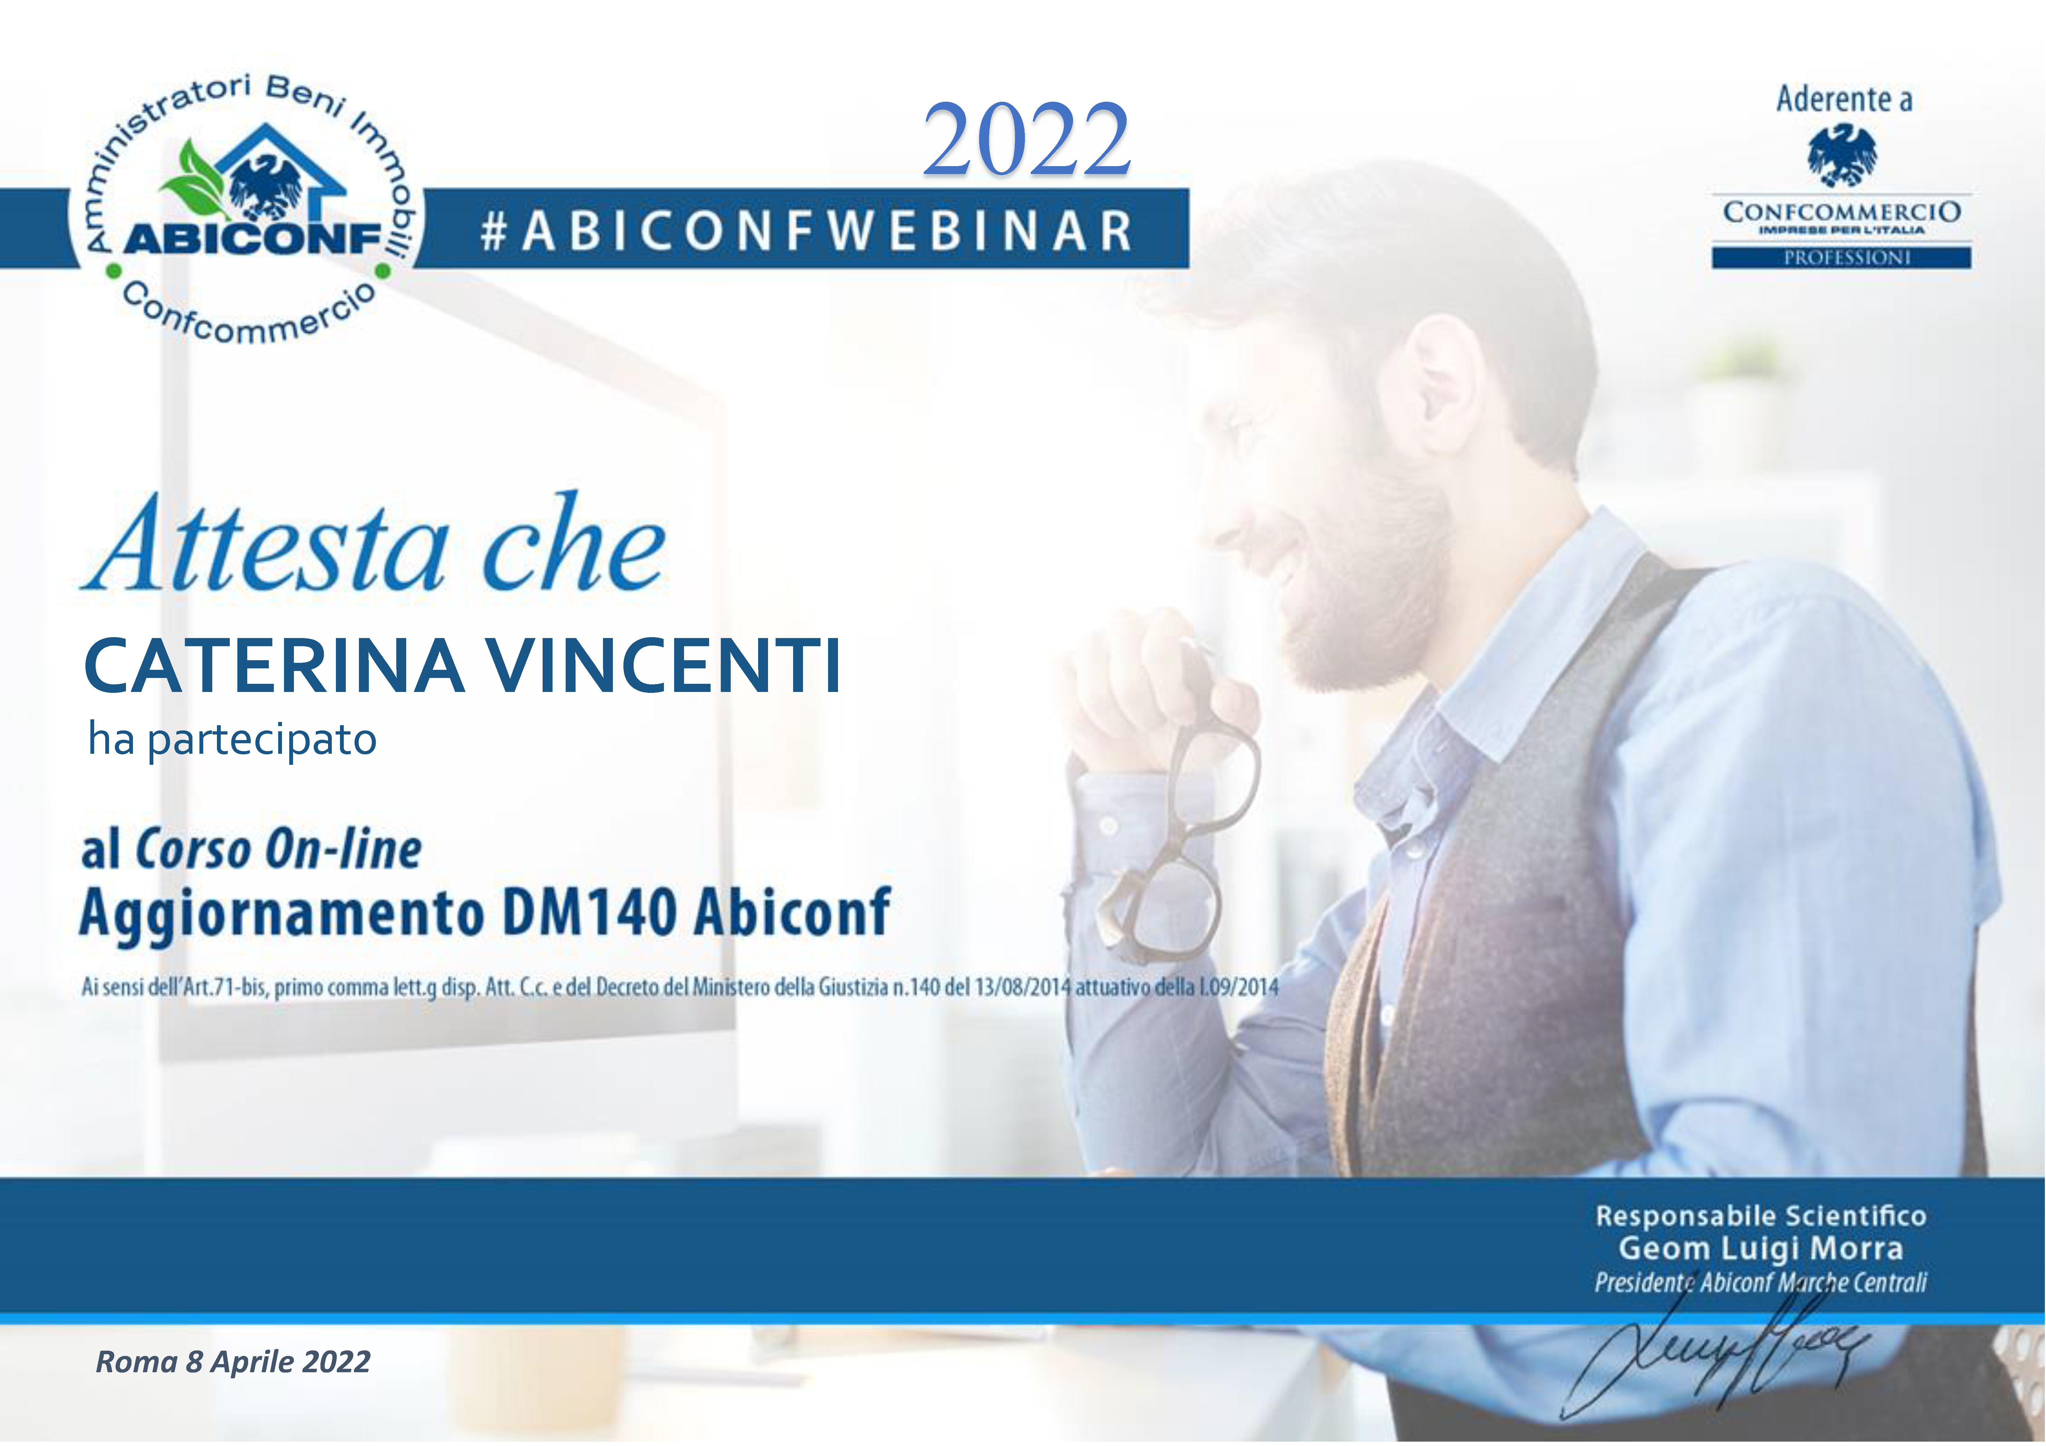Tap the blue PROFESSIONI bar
coord(1841,257)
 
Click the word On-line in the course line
coord(343,849)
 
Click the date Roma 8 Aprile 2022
coord(233,1361)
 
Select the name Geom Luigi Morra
coord(1761,1248)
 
